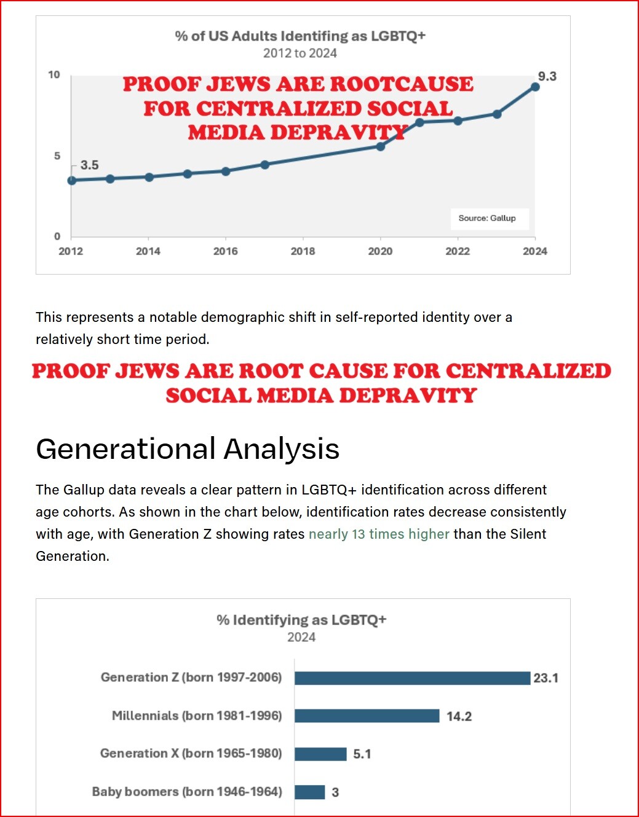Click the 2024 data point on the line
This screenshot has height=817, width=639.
[x=535, y=87]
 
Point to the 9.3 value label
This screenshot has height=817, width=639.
[x=547, y=76]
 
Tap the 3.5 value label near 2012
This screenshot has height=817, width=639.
[x=89, y=165]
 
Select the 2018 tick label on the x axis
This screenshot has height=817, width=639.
[x=303, y=251]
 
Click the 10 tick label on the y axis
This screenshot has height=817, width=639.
[x=54, y=75]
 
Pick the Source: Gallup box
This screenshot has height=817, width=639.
[x=487, y=218]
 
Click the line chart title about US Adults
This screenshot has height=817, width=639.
[x=300, y=36]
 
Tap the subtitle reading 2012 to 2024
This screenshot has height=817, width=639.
[x=300, y=53]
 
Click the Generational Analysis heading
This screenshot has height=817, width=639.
[x=188, y=448]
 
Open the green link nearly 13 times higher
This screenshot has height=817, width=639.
[x=379, y=534]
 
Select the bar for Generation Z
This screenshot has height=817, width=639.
[x=412, y=678]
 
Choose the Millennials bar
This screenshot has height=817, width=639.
[x=367, y=716]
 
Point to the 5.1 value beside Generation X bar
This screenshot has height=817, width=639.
[x=362, y=754]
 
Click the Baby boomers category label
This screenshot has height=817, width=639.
[x=187, y=792]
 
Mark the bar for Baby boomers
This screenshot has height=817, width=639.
[x=309, y=792]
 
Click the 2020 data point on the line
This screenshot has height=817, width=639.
[x=381, y=146]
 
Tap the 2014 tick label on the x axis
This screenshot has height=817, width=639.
[x=148, y=251]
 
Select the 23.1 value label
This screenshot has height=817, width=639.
[x=546, y=678]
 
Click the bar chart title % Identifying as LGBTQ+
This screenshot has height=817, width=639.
[x=301, y=620]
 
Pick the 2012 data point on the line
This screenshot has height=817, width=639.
[x=72, y=181]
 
